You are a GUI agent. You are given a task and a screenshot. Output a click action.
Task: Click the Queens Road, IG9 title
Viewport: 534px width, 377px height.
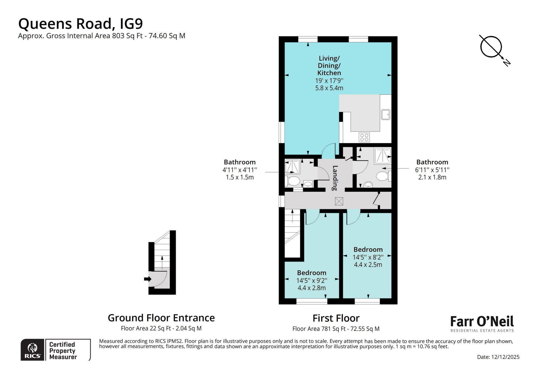80,24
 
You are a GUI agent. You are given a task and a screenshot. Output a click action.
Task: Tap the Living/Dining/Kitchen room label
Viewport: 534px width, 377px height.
329,66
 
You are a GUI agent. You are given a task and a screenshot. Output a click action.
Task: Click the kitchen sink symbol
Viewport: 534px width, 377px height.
385,114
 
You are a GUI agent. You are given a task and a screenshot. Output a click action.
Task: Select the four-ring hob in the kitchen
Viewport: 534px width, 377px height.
364,137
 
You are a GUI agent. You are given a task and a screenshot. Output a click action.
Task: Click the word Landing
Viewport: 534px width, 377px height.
335,178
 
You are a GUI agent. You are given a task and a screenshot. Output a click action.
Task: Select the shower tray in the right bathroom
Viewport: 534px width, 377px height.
383,156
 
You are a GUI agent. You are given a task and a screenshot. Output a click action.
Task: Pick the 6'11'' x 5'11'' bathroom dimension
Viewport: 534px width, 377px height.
432,170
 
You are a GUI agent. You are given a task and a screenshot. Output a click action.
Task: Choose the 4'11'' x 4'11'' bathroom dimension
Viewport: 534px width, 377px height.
239,170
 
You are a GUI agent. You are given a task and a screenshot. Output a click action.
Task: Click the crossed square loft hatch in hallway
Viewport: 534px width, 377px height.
339,201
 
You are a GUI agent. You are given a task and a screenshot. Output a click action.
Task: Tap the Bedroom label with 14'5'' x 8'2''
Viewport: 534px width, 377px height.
368,249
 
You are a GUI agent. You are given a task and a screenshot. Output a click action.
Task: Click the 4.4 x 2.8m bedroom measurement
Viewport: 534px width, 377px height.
311,288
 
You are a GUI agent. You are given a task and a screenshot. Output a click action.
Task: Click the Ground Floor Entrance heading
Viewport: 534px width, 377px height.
161,318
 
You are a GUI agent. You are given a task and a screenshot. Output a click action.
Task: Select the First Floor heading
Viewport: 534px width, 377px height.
336,318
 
